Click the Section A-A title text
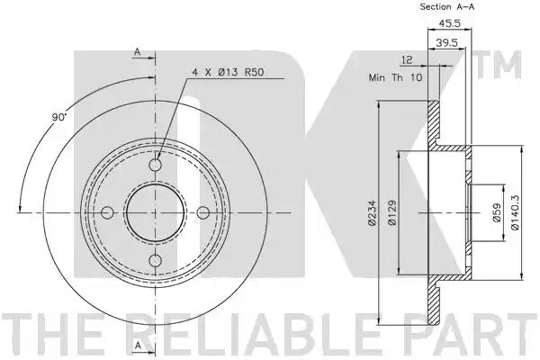(x=446, y=6)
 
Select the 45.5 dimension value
(x=449, y=23)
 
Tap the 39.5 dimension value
(x=446, y=42)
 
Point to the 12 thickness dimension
(x=407, y=60)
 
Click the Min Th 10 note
(x=395, y=77)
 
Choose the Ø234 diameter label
(x=372, y=213)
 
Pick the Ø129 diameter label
(x=391, y=213)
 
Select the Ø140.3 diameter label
(x=515, y=212)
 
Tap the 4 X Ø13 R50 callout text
(x=228, y=73)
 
